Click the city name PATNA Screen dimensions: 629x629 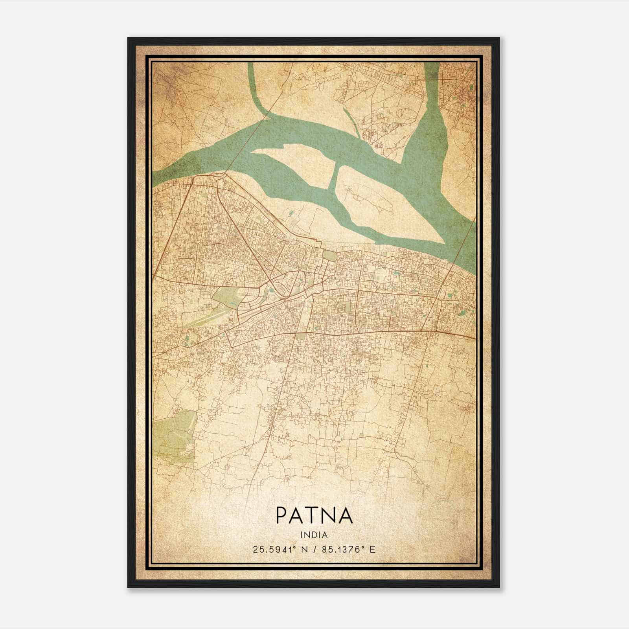(314, 515)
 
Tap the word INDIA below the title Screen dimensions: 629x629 (314, 535)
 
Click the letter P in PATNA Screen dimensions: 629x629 (282, 515)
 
